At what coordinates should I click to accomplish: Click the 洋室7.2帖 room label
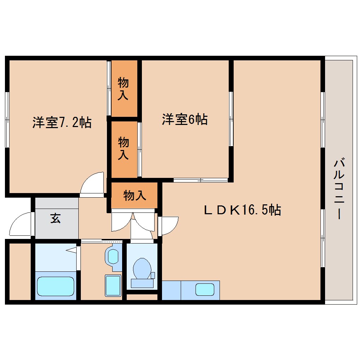coord(62,122)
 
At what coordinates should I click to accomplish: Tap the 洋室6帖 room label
coord(184,120)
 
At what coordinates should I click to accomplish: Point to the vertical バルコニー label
coord(339,189)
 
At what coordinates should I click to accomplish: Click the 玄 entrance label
coord(55,218)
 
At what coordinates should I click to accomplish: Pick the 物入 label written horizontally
coord(134,195)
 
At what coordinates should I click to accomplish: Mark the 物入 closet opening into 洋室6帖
coord(123,149)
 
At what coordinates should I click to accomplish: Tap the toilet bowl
coord(142,269)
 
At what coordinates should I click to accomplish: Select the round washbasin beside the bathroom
coord(113,256)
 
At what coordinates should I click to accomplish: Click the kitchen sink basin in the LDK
coord(205,290)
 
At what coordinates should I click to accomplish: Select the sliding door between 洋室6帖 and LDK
coord(200,180)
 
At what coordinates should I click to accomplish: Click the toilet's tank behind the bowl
coord(142,283)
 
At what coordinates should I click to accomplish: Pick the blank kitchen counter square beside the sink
coord(171,290)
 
